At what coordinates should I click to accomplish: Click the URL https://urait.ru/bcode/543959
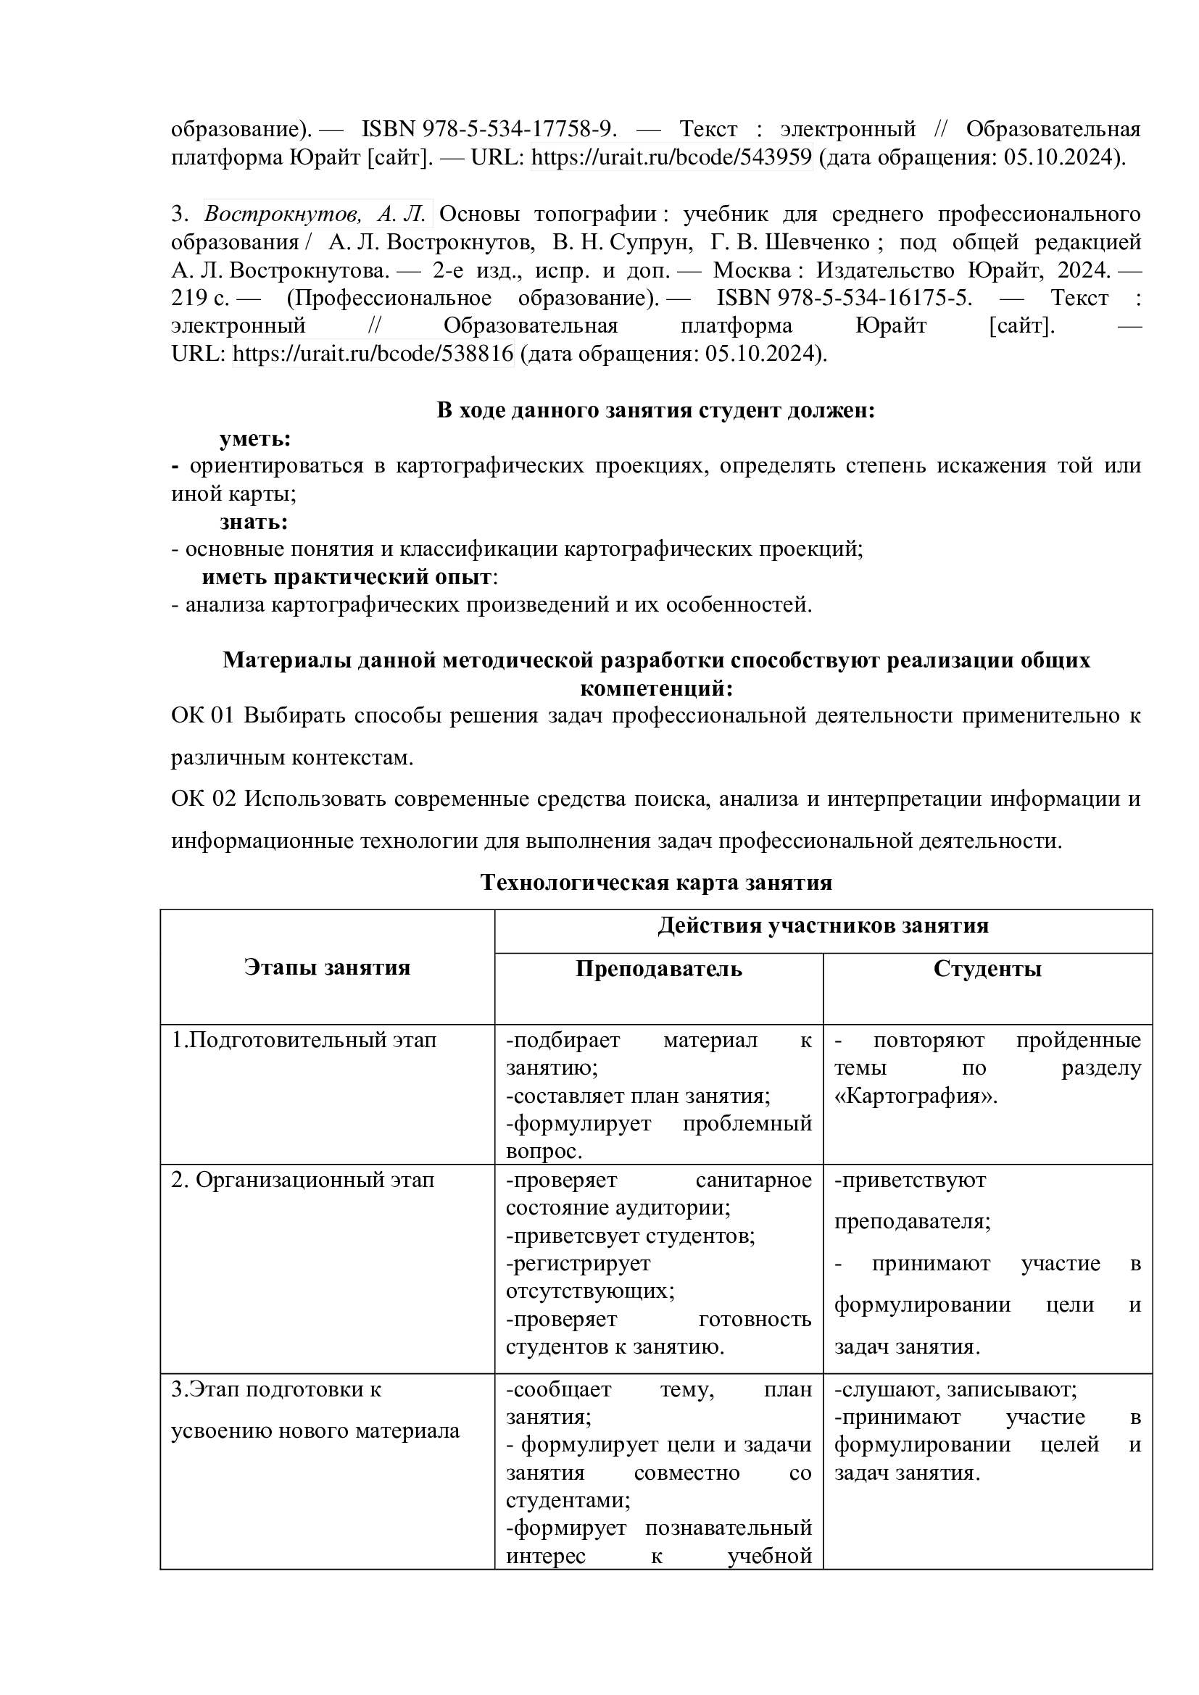[x=671, y=157]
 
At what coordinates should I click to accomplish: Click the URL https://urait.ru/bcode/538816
[x=373, y=354]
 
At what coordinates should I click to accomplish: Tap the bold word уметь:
[x=254, y=438]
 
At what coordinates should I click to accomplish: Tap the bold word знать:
[x=253, y=522]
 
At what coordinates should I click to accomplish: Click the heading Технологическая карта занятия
[x=655, y=882]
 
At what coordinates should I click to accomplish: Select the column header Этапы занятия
[x=327, y=967]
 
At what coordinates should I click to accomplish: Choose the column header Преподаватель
[x=658, y=969]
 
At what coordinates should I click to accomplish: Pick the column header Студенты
[x=987, y=969]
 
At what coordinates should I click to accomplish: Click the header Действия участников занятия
[x=823, y=925]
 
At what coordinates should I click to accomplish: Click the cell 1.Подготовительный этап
[x=304, y=1040]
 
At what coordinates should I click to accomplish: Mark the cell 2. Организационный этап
[x=303, y=1180]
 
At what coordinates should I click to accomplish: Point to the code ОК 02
[x=203, y=799]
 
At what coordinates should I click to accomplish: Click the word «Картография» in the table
[x=916, y=1096]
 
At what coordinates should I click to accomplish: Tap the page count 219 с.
[x=200, y=298]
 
